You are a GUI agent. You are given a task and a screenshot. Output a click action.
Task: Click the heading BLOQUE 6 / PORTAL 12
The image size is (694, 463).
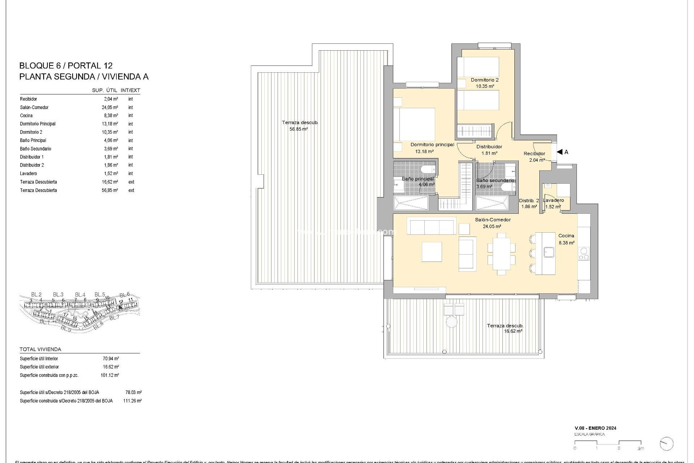coord(66,65)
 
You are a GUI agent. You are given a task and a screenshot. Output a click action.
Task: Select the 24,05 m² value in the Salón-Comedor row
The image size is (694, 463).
coord(110,107)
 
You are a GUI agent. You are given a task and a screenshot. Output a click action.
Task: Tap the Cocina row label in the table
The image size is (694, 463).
coord(26,116)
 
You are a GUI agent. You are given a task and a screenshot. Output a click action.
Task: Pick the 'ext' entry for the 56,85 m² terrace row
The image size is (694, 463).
coord(131,190)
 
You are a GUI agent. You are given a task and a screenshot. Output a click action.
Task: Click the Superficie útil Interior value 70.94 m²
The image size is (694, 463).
coord(111,359)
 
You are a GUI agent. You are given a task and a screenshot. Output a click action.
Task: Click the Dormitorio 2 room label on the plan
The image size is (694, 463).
coord(484,80)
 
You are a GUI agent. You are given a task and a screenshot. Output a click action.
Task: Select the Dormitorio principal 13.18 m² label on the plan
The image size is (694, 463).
coord(432,148)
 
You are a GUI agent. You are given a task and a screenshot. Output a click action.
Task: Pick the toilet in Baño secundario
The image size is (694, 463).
coord(506,187)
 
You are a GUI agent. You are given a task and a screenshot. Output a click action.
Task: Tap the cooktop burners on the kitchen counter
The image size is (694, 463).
coord(583,254)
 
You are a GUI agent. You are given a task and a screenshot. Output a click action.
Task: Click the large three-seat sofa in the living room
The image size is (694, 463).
coord(432,226)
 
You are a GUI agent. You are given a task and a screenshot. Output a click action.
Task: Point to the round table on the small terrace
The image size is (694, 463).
coord(451,322)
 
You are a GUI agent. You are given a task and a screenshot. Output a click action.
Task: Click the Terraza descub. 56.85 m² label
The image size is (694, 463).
coord(300,126)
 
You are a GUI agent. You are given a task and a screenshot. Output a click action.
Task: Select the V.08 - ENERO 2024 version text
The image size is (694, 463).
coord(595,428)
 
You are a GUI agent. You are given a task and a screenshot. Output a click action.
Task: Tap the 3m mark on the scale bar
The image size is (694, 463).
coord(641,449)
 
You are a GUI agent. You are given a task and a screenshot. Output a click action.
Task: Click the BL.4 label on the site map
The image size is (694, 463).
coord(80,294)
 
